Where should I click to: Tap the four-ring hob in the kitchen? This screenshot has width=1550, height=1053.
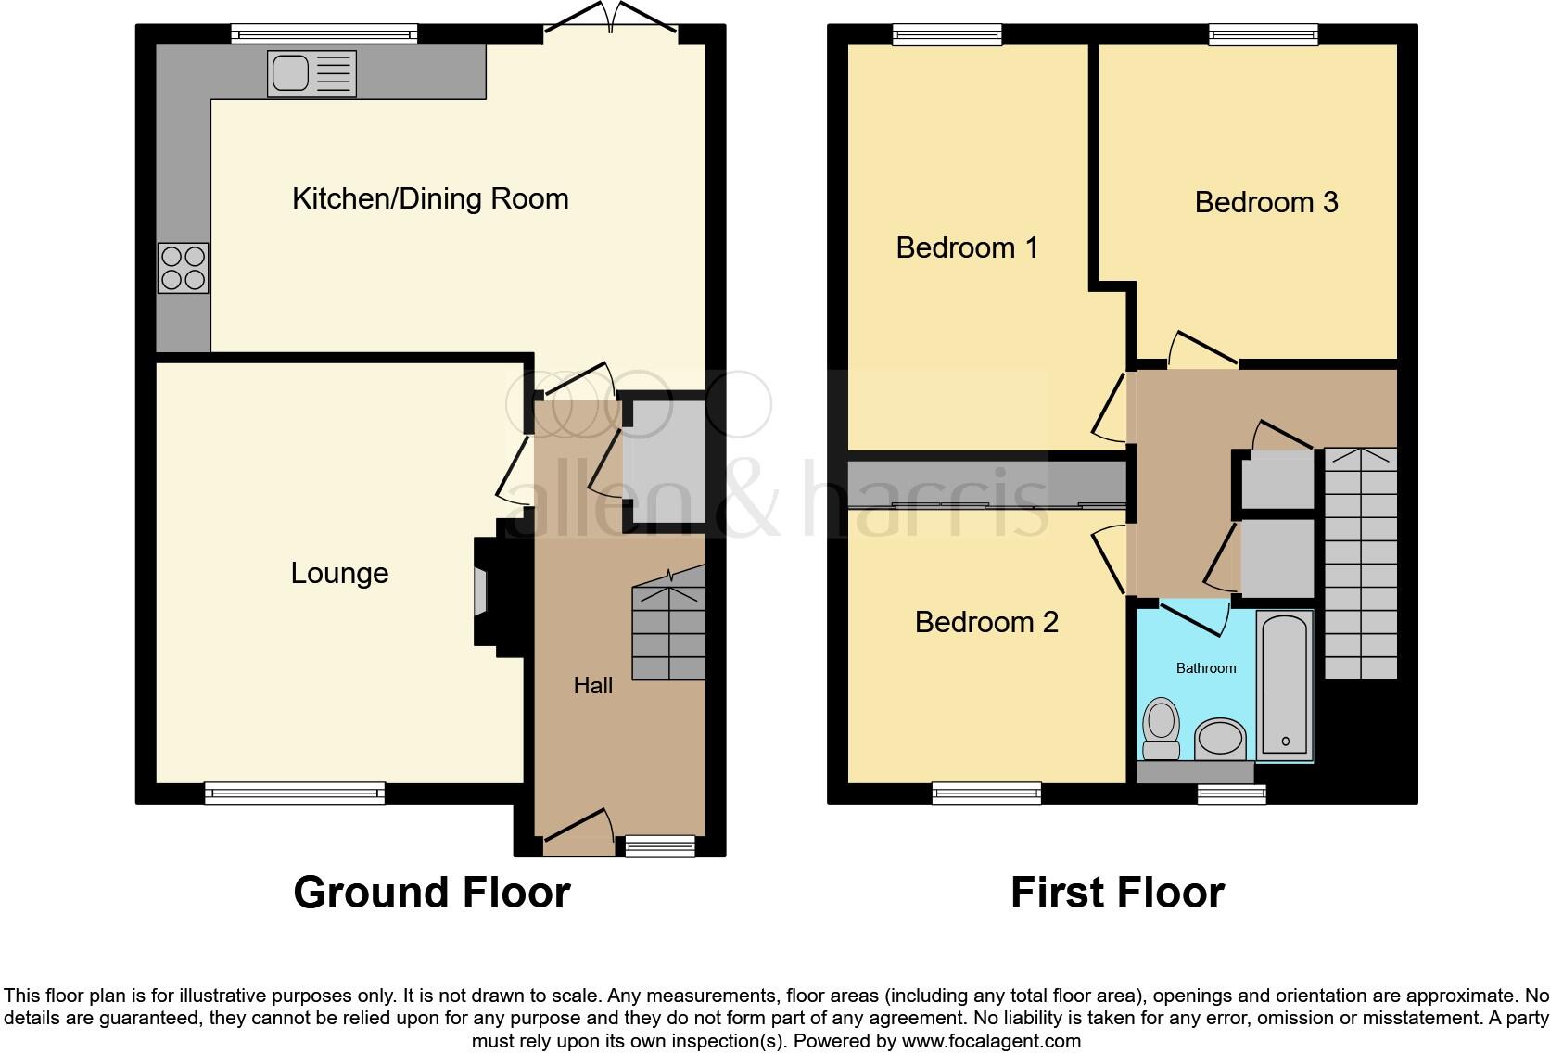(183, 267)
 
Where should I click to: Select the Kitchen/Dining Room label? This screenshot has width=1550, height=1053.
(430, 198)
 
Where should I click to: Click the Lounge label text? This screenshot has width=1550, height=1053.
(339, 573)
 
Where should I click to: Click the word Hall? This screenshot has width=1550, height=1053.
(592, 686)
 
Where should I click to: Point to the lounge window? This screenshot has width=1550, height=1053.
(295, 793)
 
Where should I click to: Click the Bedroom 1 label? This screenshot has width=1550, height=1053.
(966, 247)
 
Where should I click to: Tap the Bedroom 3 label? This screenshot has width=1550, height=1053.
(1265, 202)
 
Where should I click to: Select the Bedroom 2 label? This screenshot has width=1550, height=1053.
(985, 622)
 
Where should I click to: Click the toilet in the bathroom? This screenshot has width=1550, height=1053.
(1161, 729)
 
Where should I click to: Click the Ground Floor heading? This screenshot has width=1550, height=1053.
(431, 893)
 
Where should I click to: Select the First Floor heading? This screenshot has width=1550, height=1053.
(1117, 893)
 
